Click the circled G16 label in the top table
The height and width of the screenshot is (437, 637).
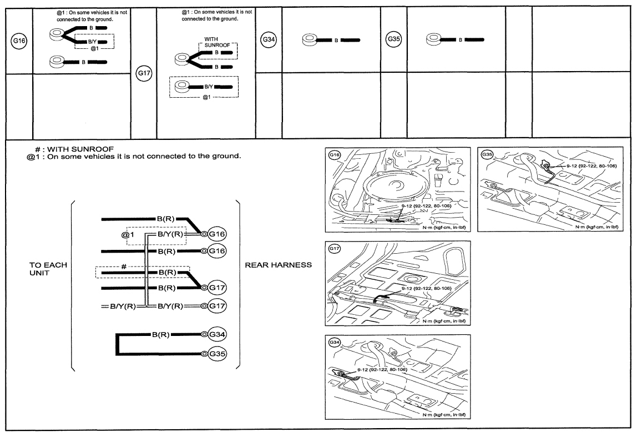coord(19,41)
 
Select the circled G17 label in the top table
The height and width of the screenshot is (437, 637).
coord(144,74)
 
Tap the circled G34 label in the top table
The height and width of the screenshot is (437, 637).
coord(269,39)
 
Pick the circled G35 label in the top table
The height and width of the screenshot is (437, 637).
coord(393,39)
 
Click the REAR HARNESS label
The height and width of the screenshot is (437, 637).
coord(279,265)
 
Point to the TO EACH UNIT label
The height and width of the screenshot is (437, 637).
coord(48,269)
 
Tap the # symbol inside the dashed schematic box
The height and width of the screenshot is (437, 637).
coord(124,267)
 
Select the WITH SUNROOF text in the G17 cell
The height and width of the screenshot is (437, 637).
coord(217,42)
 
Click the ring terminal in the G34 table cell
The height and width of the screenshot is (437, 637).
coord(310,40)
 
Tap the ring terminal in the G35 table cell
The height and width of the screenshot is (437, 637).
coord(433,39)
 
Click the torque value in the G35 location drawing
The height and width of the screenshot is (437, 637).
coord(592,166)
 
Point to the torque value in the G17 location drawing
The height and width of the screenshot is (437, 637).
coord(427,288)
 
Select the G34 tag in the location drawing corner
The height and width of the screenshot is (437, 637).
coord(335,342)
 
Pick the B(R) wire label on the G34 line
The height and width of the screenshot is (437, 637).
coord(161,335)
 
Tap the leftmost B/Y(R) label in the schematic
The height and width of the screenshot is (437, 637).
coord(123,306)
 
